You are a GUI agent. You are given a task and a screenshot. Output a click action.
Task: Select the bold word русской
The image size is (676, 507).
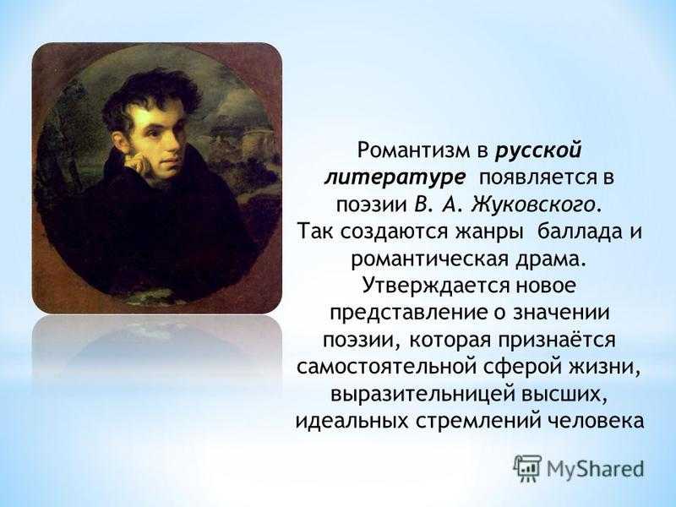(x=538, y=152)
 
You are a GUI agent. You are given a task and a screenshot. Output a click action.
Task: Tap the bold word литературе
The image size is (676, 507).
(x=395, y=178)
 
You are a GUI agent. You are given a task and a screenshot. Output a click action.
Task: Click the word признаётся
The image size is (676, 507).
(x=557, y=341)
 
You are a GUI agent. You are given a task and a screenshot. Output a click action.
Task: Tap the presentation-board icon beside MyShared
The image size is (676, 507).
(x=527, y=468)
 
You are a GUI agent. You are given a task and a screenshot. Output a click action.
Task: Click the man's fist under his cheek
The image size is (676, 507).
(x=141, y=163)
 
